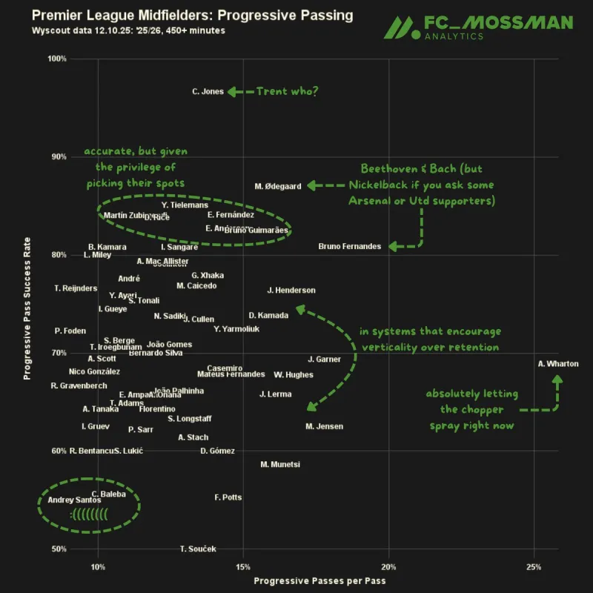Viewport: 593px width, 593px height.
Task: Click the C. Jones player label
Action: coord(208,92)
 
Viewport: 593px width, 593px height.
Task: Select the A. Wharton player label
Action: coord(558,364)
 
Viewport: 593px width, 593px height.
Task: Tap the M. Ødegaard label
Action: coord(278,187)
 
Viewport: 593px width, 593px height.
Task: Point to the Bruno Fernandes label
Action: coord(350,247)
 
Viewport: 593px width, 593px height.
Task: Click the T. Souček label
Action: coord(198,549)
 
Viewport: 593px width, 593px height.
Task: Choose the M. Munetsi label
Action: coord(280,465)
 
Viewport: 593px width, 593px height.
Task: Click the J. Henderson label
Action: coord(291,291)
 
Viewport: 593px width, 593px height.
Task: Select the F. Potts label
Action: coord(228,497)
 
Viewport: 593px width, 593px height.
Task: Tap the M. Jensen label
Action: coord(324,426)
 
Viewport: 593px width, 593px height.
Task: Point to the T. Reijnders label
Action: coord(76,288)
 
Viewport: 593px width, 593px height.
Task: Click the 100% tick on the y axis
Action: coord(57,59)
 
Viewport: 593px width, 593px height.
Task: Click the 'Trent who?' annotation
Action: coord(287,92)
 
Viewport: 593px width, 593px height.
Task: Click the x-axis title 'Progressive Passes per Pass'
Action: coord(319,581)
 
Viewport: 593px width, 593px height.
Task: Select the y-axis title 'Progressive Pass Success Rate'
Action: coord(27,303)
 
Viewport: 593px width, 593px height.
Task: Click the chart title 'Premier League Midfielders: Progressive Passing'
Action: coord(193,16)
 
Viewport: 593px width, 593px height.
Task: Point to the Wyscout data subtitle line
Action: coord(129,30)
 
